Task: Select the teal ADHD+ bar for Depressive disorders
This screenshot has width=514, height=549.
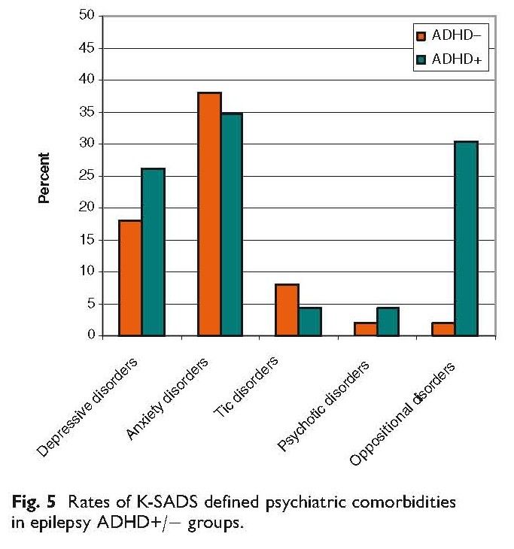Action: (x=153, y=252)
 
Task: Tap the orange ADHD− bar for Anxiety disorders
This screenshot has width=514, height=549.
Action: (x=208, y=214)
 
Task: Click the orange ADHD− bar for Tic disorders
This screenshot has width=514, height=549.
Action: (x=287, y=310)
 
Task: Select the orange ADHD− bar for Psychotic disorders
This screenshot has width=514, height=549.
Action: (x=365, y=329)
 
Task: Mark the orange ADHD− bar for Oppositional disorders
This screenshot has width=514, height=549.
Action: (x=443, y=329)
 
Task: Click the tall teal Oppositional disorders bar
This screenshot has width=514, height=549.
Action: (x=467, y=238)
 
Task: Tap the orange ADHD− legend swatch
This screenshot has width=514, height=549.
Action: (x=421, y=35)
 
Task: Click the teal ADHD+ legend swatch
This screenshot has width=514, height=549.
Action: (x=421, y=59)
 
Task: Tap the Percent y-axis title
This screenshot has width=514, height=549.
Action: (x=44, y=178)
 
